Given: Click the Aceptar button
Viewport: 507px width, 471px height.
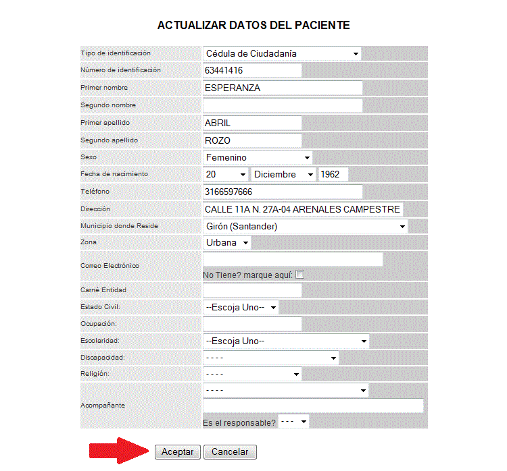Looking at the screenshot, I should point(177,452).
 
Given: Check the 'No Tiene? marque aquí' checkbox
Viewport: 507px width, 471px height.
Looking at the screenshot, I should point(300,275).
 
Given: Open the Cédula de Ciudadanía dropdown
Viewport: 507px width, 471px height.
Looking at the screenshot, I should point(282,53).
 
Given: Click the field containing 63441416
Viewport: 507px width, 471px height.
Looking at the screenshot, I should point(252,70).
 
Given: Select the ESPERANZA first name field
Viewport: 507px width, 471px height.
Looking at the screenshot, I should point(283,88).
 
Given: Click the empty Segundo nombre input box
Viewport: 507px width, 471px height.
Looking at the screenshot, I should point(283,105).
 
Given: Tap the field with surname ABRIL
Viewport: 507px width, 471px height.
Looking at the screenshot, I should point(252,123).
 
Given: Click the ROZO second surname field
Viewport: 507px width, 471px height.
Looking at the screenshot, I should point(252,140).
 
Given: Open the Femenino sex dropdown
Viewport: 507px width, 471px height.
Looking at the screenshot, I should point(258,157).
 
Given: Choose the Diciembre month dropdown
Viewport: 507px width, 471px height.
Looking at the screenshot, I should point(283,174).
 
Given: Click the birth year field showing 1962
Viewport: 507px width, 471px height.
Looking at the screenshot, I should point(333,174).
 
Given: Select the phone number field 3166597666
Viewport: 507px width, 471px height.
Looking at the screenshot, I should point(283,192).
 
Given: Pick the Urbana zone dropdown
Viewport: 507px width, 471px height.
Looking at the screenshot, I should point(226,242).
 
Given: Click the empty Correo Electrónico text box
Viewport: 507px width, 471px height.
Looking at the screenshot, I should point(293,259).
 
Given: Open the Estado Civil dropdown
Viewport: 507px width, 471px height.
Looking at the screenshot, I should point(241,307).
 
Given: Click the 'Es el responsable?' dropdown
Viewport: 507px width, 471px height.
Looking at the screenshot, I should point(293,422).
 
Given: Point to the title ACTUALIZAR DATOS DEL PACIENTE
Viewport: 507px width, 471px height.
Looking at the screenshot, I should point(254,26).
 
